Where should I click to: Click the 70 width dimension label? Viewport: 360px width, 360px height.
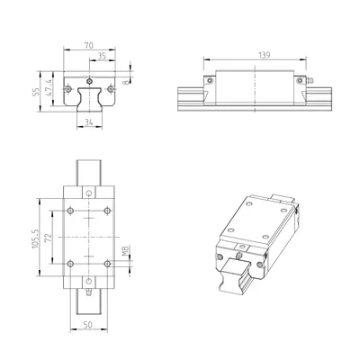tap(89, 46)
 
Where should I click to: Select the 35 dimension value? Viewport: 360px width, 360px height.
tap(103, 56)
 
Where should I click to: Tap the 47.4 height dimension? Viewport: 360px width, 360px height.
tap(49, 88)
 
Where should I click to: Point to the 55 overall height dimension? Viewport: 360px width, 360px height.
tap(35, 92)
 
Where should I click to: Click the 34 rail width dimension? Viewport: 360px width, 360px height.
tap(89, 122)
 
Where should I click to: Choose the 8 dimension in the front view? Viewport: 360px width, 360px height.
tap(127, 81)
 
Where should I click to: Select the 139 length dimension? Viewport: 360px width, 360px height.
tap(264, 55)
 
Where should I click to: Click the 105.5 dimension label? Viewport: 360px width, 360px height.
tap(35, 238)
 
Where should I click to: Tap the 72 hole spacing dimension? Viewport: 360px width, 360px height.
tap(49, 238)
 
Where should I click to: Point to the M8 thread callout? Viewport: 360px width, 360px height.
tap(126, 251)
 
